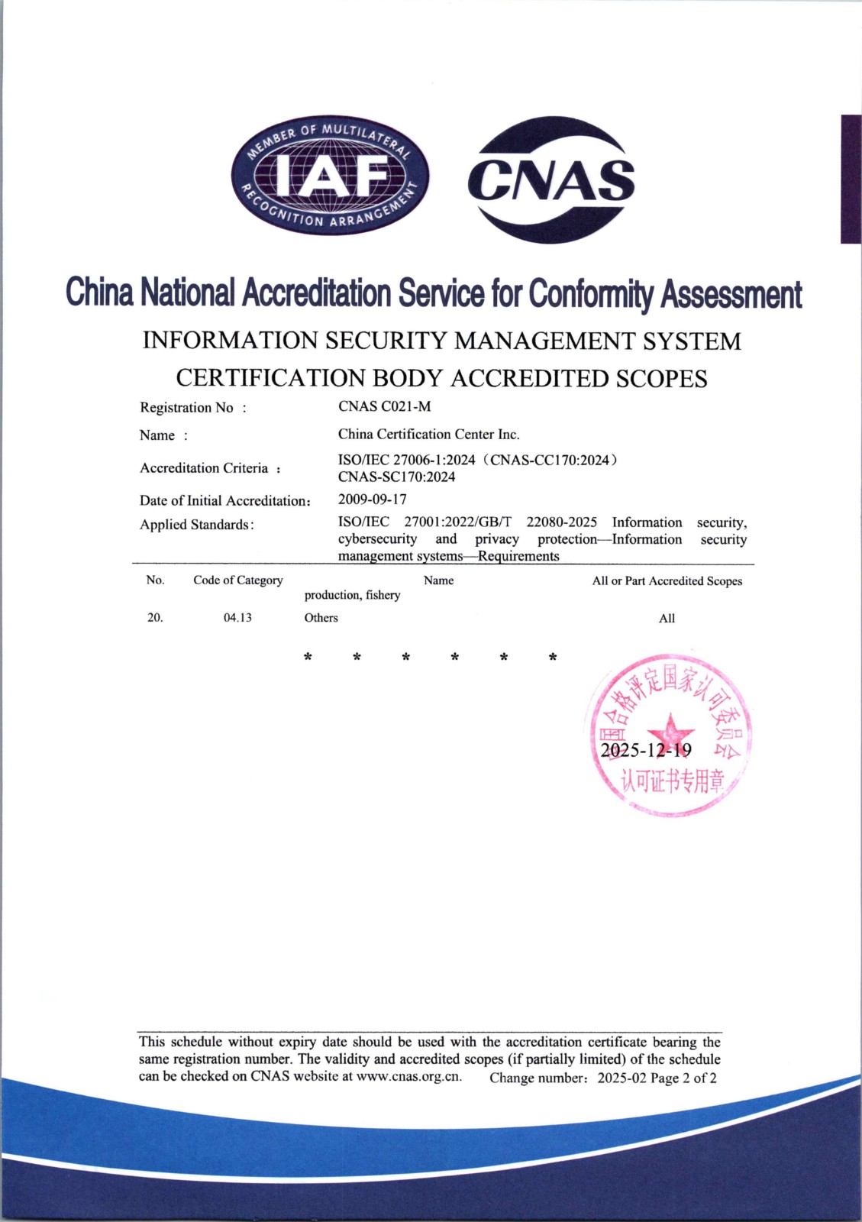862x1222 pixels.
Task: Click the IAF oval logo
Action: (x=330, y=177)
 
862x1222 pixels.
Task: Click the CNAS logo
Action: (x=550, y=179)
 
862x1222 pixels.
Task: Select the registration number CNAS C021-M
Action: (x=384, y=406)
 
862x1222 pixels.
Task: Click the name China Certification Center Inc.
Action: (x=428, y=434)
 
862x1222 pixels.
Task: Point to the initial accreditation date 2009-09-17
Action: (x=372, y=499)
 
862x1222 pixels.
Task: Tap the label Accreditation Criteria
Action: (x=204, y=468)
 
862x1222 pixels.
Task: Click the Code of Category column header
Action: (x=237, y=580)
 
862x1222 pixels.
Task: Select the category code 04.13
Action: (x=237, y=618)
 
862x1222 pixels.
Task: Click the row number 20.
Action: (x=155, y=618)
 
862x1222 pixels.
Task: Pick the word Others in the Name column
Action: (x=321, y=618)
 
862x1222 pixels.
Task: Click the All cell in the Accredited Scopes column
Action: (x=667, y=619)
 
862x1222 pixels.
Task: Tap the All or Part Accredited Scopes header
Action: (x=667, y=581)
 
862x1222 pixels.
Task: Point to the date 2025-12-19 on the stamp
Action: (x=646, y=750)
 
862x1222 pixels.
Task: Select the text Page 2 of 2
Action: (x=683, y=1078)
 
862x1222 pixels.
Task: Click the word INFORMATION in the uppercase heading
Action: (x=230, y=341)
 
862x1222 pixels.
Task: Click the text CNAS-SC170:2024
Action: (x=396, y=477)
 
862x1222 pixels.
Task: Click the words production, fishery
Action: (x=352, y=595)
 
